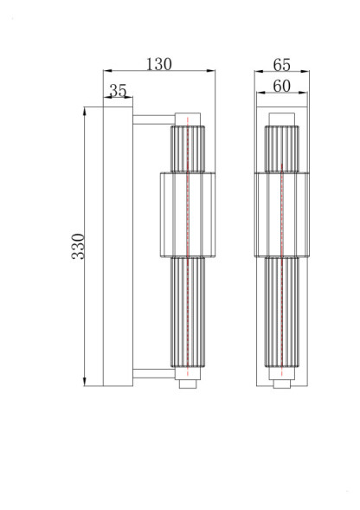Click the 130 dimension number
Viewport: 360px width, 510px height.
pos(158,64)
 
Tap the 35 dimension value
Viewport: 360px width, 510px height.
pos(119,90)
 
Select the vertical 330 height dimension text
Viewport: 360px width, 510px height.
pos(77,247)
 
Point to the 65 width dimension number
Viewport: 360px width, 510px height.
pos(281,65)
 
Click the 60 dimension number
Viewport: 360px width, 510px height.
pos(281,86)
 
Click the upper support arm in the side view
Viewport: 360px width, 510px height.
pos(152,116)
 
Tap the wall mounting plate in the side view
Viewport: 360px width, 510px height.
pos(117,247)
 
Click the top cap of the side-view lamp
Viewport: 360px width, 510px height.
pos(188,118)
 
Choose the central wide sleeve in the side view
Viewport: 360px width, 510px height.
pos(188,214)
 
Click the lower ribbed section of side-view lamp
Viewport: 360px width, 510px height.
pos(188,312)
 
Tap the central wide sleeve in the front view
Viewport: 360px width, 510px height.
pos(281,214)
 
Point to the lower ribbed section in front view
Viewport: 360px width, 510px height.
pos(281,312)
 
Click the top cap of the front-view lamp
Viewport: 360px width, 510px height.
pos(281,119)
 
